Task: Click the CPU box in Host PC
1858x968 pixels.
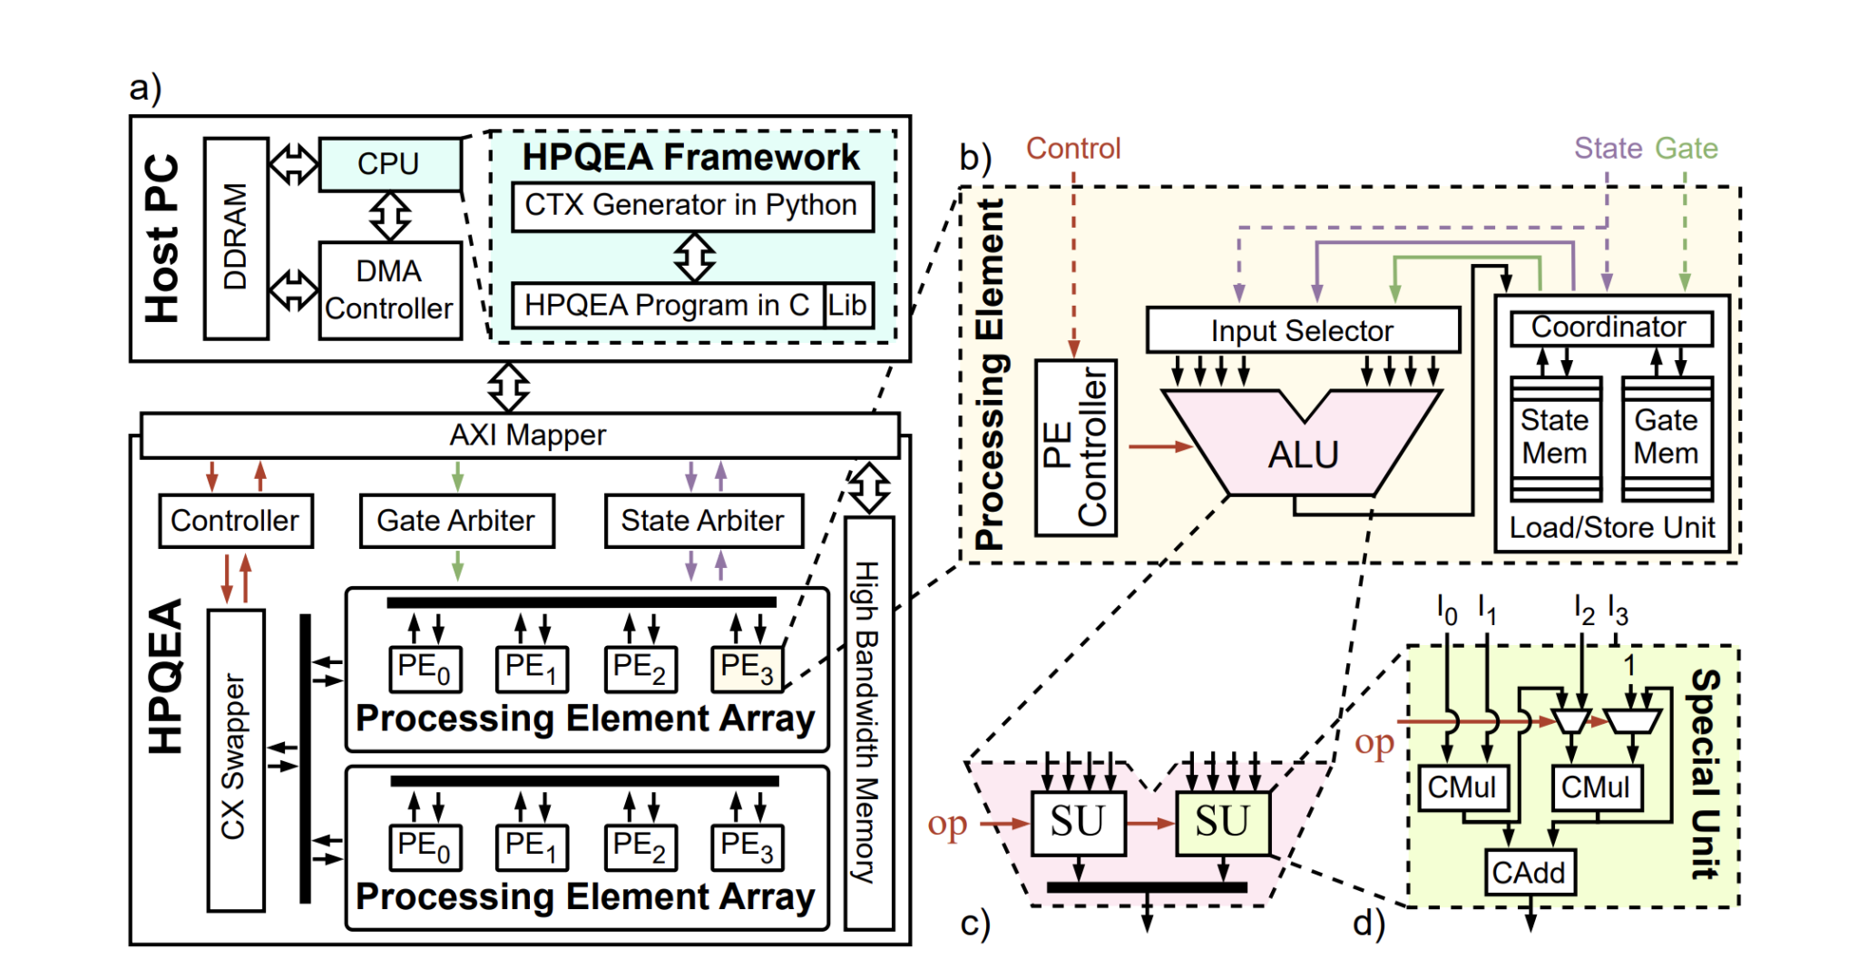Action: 389,164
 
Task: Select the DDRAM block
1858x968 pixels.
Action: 236,238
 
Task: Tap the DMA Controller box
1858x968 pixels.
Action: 389,290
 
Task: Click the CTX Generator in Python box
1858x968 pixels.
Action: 691,206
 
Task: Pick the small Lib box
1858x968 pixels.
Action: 847,305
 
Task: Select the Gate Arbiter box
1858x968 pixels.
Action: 456,521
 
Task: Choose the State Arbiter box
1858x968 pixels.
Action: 703,521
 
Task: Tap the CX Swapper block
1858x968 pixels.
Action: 236,759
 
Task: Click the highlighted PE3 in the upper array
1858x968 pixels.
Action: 746,669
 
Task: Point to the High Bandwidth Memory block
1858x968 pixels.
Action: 868,723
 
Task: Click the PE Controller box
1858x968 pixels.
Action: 1075,447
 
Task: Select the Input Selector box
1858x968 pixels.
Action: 1302,330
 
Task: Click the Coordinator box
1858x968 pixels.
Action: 1610,328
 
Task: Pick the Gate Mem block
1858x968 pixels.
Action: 1667,437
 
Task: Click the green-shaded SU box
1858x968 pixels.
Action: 1222,822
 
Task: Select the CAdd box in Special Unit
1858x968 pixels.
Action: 1530,873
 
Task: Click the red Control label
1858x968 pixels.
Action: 1073,148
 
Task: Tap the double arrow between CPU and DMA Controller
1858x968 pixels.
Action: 390,216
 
